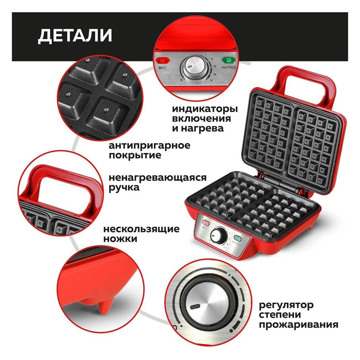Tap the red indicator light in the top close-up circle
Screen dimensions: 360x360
pos(163,61)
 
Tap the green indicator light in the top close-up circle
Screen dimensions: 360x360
pos(229,60)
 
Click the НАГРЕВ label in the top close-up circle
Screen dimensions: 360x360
pos(229,68)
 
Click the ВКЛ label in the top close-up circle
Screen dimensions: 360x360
pos(162,68)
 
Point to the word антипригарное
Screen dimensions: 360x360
pos(150,146)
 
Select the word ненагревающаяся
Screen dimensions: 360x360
pos(158,178)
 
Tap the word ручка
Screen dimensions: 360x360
pos(124,188)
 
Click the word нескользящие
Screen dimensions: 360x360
pos(141,229)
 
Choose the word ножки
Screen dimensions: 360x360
pos(120,239)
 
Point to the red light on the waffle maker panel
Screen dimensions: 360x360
pos(206,223)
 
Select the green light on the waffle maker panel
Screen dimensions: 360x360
pos(238,238)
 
